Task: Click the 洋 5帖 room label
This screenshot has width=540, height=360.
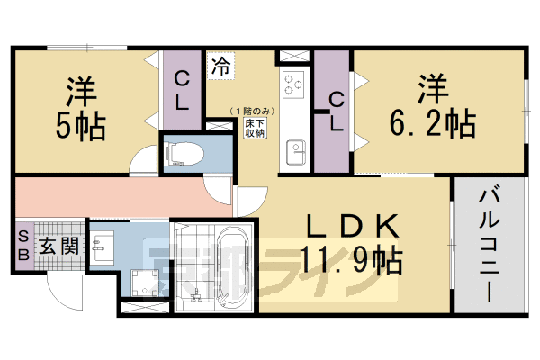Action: (84, 108)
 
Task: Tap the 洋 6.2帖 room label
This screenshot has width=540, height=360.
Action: (433, 108)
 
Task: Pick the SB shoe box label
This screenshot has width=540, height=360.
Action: (23, 244)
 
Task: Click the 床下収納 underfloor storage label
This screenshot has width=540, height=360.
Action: (255, 126)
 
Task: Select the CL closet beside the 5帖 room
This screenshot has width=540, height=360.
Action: (182, 90)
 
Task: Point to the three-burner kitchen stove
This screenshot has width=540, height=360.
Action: (293, 85)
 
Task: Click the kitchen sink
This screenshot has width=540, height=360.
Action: (294, 154)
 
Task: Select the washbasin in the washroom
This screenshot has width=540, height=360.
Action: (102, 242)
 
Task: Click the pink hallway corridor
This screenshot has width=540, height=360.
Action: (117, 196)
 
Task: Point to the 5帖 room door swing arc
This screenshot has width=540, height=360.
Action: (144, 163)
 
